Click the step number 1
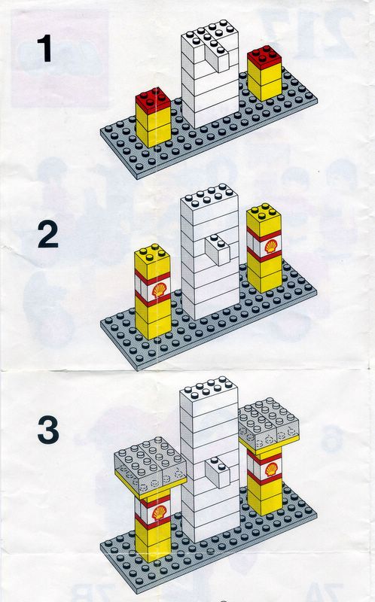[x=45, y=48]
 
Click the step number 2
[x=47, y=235]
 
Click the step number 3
[x=48, y=430]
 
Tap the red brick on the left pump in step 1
[x=153, y=101]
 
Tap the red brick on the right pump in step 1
[x=264, y=57]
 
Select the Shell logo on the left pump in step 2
[x=159, y=290]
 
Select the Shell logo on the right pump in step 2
[x=271, y=246]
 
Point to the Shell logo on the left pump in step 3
[x=159, y=512]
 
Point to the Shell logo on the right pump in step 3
[x=271, y=469]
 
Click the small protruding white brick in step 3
[x=218, y=472]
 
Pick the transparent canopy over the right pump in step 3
[x=268, y=423]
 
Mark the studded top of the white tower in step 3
[x=209, y=389]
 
